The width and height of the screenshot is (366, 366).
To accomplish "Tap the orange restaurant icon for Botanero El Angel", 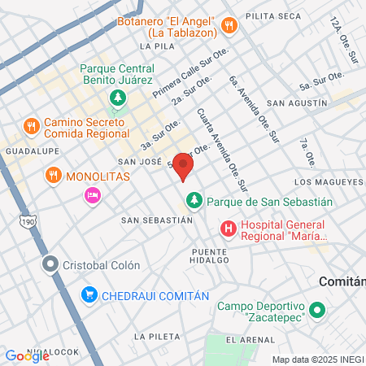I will tap(230, 24).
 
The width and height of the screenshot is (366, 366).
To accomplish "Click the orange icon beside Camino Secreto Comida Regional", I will tap(32, 126).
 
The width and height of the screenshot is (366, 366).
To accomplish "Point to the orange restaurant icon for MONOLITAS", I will tap(53, 175).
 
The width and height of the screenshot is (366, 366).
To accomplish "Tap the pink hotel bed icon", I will tap(92, 195).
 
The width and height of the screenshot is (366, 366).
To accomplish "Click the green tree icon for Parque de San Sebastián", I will tap(194, 200).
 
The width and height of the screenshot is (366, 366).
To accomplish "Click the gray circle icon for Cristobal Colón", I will tap(50, 265).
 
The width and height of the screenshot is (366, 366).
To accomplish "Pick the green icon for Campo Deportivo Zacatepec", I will tap(317, 310).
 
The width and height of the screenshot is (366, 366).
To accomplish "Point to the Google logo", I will tap(26, 355).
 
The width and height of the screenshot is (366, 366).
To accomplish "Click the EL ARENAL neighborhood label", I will tap(248, 338).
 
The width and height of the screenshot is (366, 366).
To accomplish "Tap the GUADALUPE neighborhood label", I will tap(28, 151).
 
